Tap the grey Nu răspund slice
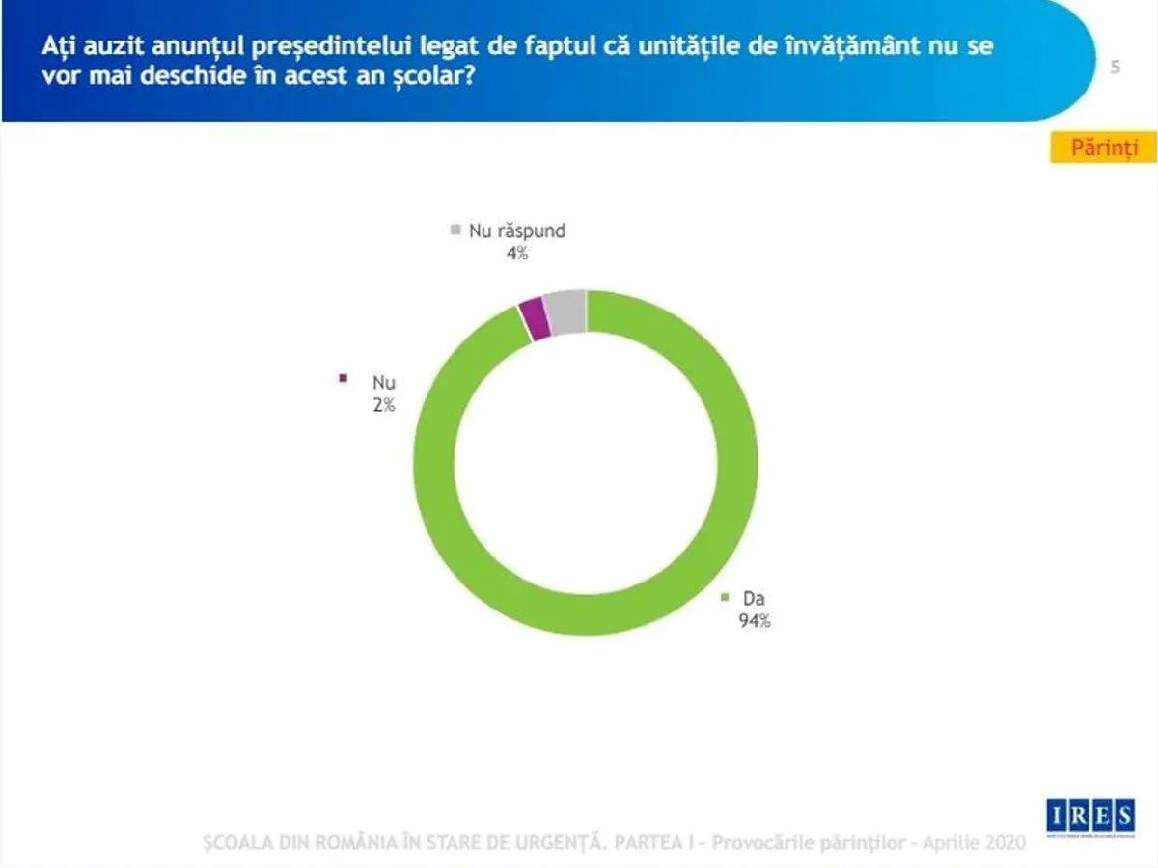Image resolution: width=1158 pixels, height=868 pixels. click(565, 311)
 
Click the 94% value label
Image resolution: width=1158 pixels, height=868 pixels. click(755, 621)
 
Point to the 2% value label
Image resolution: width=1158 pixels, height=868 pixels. click(384, 405)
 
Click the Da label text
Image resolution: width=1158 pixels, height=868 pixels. click(754, 598)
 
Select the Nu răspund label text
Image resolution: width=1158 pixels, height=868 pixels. click(516, 231)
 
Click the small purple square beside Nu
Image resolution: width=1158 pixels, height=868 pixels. click(343, 378)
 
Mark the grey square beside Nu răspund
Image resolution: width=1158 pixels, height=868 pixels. click(455, 230)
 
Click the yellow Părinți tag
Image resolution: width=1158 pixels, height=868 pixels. click(1103, 148)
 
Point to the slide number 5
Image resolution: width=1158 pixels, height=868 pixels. click(1115, 67)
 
